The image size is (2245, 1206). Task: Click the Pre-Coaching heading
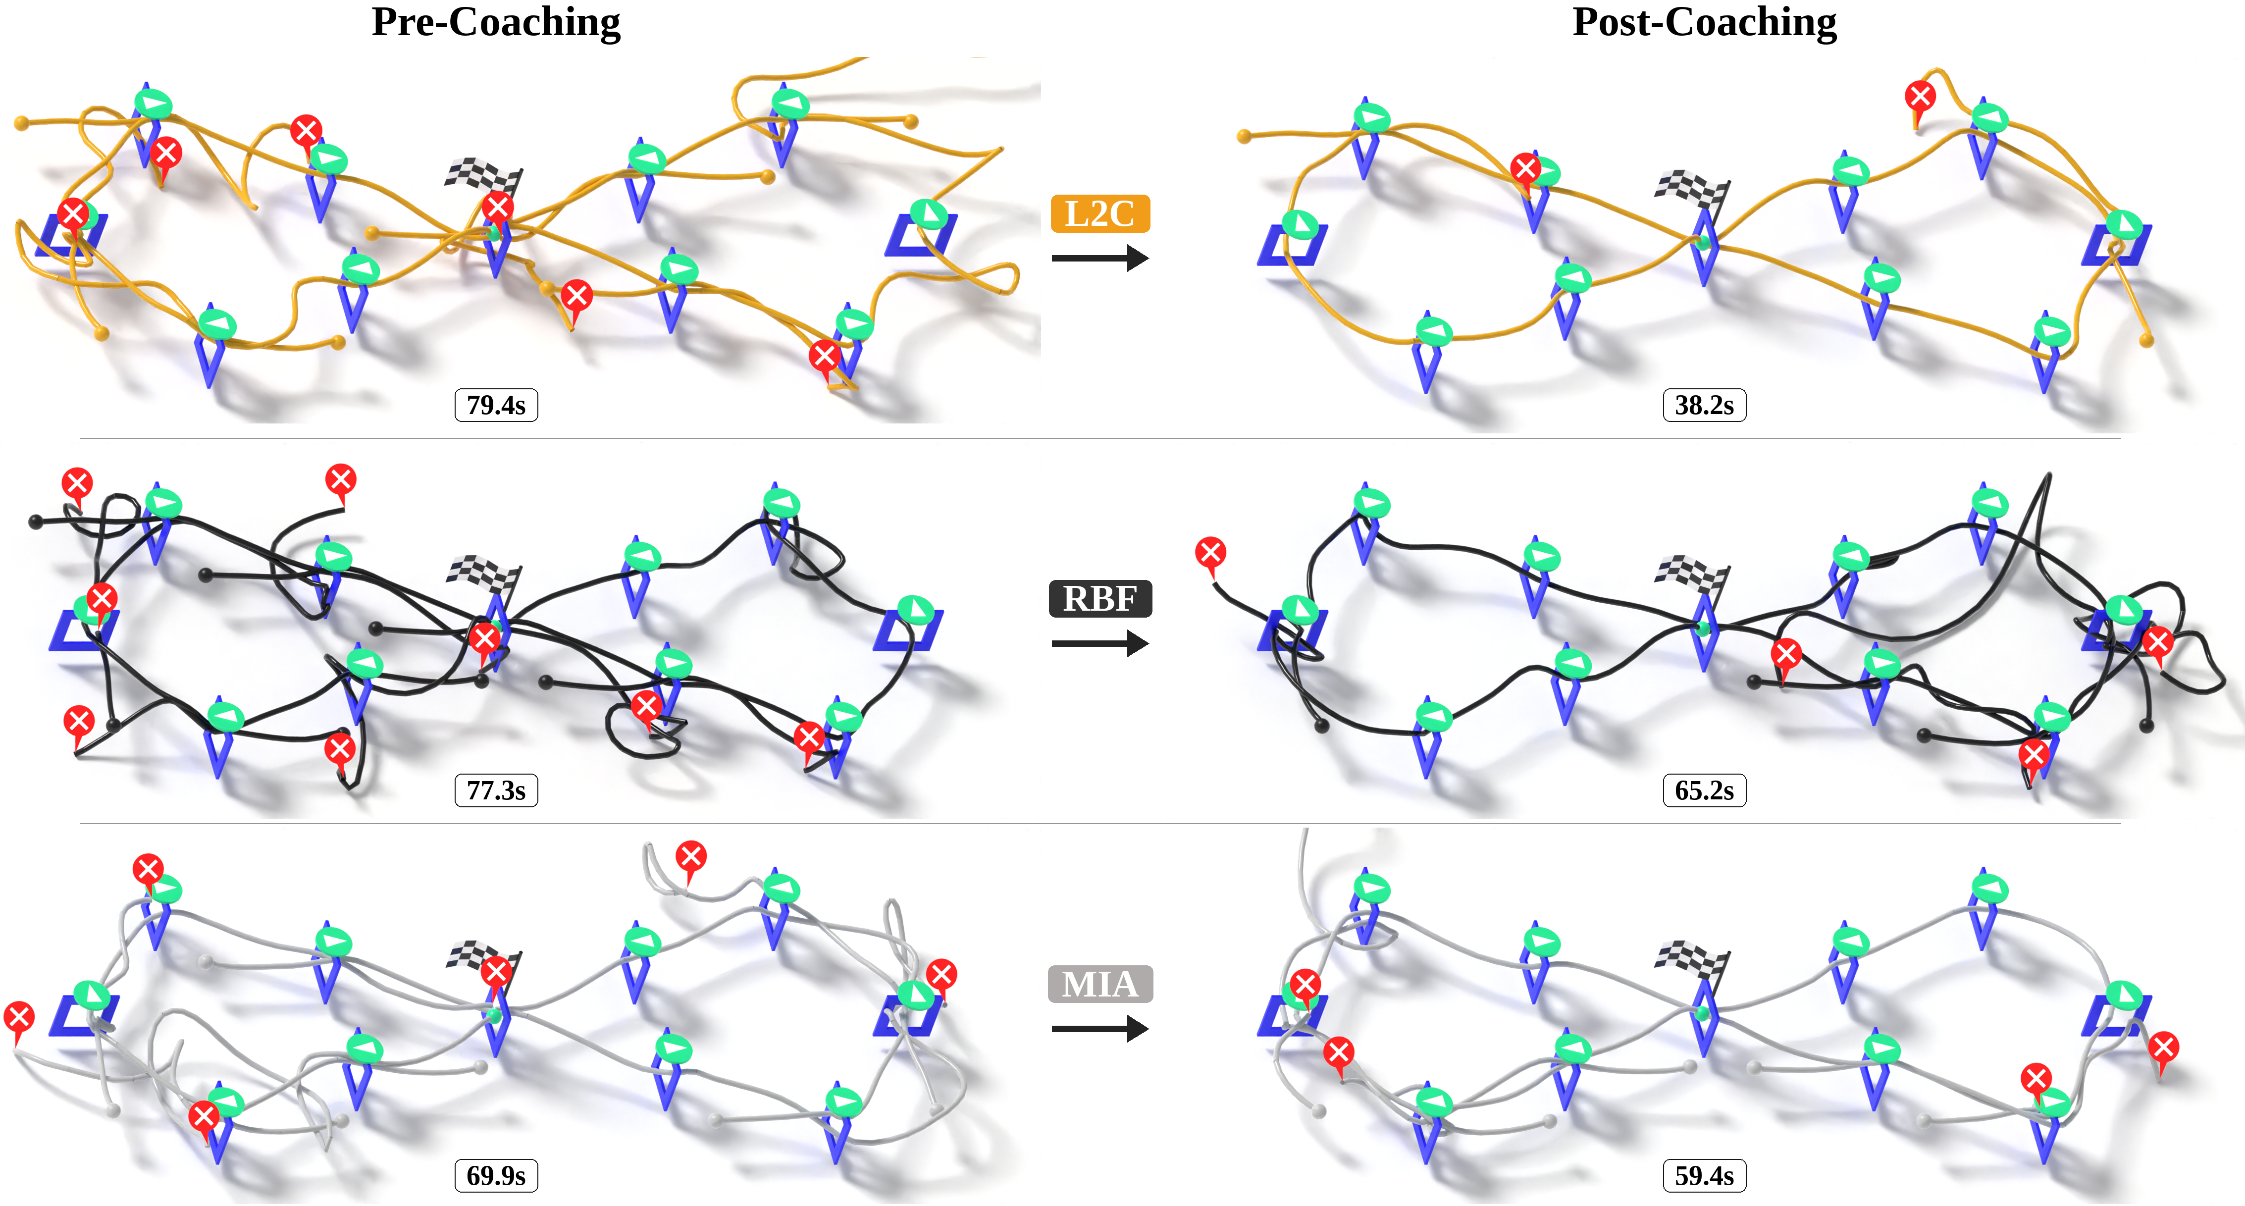click(x=496, y=23)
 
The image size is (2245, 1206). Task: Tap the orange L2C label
click(x=1100, y=213)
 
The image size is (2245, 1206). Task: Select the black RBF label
click(x=1100, y=599)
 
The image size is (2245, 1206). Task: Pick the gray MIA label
click(x=1100, y=984)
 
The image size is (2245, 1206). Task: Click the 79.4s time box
click(x=496, y=405)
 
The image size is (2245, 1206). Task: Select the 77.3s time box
click(x=496, y=790)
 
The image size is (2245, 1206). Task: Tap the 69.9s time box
click(x=496, y=1175)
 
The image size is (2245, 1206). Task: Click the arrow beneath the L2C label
click(x=1100, y=258)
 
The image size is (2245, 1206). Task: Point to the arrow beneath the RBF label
click(x=1100, y=644)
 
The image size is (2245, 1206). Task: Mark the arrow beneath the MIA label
click(x=1100, y=1029)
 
